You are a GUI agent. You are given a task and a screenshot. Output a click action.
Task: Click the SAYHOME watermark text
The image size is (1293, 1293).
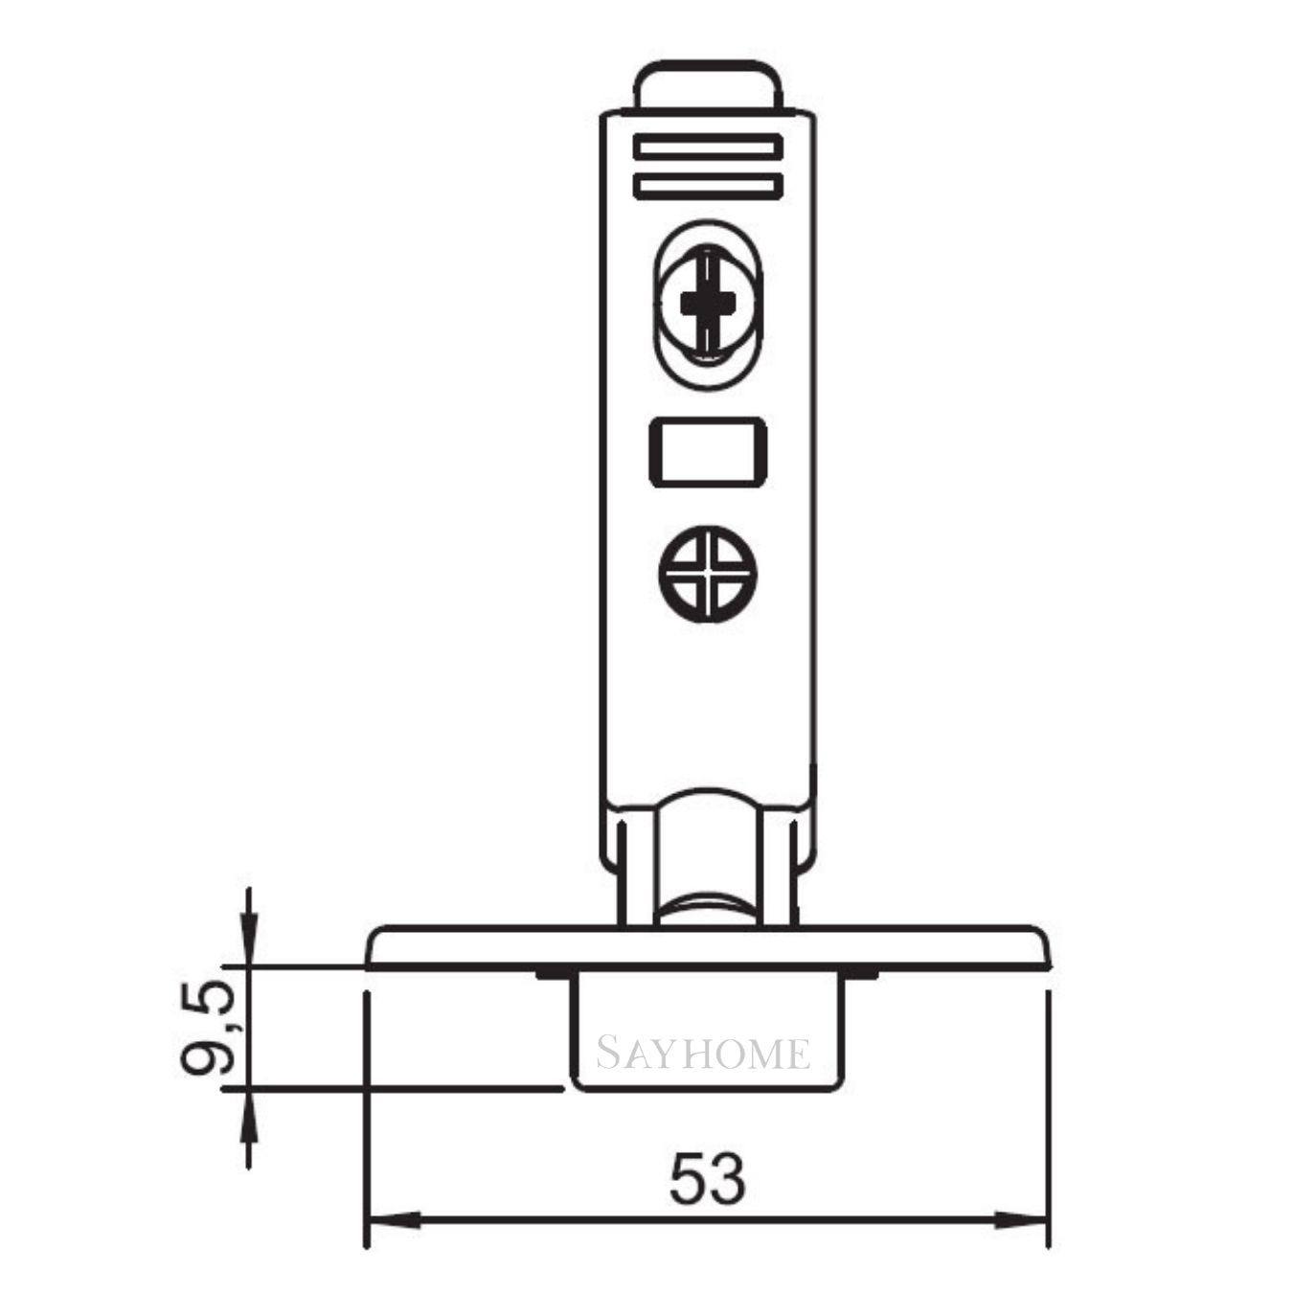click(x=704, y=1054)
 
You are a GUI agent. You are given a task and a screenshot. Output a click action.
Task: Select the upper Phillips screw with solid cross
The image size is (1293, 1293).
click(x=708, y=304)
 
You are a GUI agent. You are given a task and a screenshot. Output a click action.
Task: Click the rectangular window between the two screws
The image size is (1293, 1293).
click(x=708, y=451)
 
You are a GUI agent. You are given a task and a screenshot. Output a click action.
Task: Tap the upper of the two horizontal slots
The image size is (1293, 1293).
click(x=708, y=148)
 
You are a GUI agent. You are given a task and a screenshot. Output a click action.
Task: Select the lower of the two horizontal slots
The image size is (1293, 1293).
click(x=708, y=186)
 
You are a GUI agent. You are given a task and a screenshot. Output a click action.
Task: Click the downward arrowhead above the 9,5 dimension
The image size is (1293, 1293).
click(x=249, y=942)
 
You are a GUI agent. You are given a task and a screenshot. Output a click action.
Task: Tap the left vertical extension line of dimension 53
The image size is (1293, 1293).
click(x=367, y=1121)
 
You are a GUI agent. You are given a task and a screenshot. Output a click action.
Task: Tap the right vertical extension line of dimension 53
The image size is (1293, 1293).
click(x=1050, y=1121)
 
